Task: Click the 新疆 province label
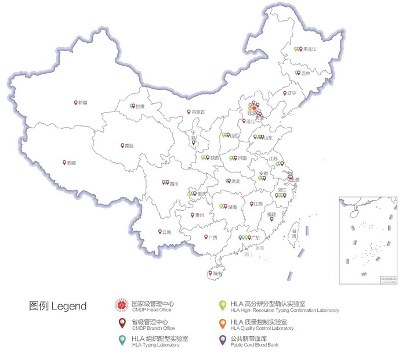click(83, 103)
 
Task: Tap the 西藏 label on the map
click(71, 164)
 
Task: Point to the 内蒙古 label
click(198, 112)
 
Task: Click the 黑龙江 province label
click(310, 50)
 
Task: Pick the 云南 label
click(167, 233)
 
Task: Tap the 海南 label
click(217, 273)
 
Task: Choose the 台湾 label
click(294, 233)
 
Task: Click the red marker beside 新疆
click(76, 102)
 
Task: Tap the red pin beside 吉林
click(298, 73)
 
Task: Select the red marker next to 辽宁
click(285, 92)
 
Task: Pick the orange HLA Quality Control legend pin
click(222, 323)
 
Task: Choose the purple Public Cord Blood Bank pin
click(222, 340)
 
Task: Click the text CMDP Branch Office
click(153, 329)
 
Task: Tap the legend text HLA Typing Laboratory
click(155, 345)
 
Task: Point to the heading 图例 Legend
click(57, 306)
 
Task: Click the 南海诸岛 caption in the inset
click(387, 279)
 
